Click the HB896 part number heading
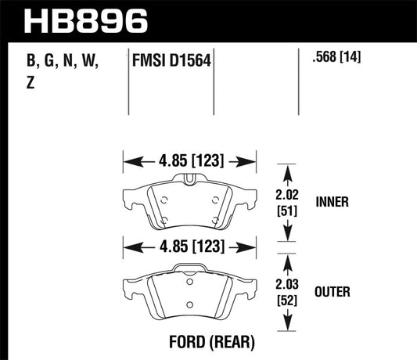pyautogui.click(x=86, y=20)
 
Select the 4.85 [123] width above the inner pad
pyautogui.click(x=190, y=161)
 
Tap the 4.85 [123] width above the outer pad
pyautogui.click(x=190, y=247)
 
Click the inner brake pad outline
pyautogui.click(x=190, y=202)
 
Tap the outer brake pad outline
pyautogui.click(x=190, y=293)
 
